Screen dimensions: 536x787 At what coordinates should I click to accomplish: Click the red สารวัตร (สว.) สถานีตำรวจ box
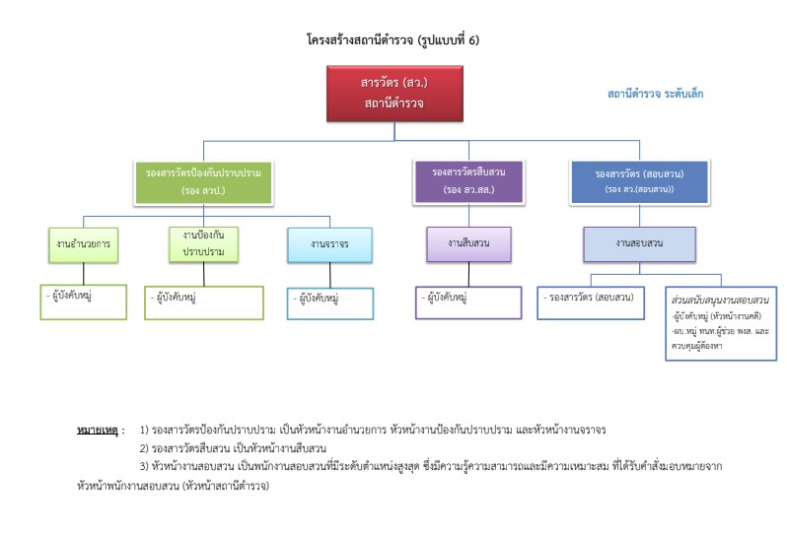pos(393,94)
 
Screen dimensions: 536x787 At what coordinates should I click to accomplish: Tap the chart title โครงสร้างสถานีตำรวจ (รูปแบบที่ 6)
pos(393,40)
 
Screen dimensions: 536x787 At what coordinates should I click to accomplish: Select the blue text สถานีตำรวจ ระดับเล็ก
pos(655,94)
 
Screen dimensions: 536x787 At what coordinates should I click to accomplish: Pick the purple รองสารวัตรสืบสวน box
pos(468,179)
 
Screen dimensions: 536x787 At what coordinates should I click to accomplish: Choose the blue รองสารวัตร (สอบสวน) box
pos(638,180)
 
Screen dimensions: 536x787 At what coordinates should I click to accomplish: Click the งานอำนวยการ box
pos(84,241)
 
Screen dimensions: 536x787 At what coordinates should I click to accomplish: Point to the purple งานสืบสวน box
pos(468,241)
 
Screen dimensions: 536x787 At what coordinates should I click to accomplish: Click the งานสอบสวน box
pos(639,242)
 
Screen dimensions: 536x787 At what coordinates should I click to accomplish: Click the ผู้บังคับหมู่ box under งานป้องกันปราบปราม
pos(203,303)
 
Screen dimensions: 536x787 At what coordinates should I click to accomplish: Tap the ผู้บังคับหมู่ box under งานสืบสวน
pos(468,302)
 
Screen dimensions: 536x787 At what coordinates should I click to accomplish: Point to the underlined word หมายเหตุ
pos(100,431)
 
